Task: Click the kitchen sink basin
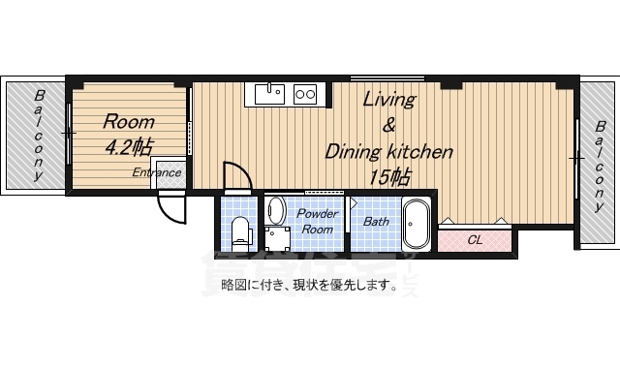tap(269, 94)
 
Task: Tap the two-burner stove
tap(305, 94)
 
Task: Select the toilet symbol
tap(241, 234)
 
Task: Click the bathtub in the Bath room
tap(416, 224)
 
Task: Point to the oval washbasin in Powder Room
tap(276, 210)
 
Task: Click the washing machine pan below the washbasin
tap(277, 239)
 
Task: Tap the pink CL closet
tap(475, 240)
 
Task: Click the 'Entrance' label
tap(157, 172)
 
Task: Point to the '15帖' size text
tap(389, 177)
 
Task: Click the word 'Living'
tap(389, 100)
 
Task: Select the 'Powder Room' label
tap(317, 222)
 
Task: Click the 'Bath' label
tap(376, 222)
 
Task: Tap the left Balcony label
tap(39, 136)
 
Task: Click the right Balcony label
tap(600, 166)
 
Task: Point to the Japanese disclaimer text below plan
tap(309, 285)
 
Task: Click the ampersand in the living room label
tap(389, 126)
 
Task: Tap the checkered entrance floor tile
tap(170, 174)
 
